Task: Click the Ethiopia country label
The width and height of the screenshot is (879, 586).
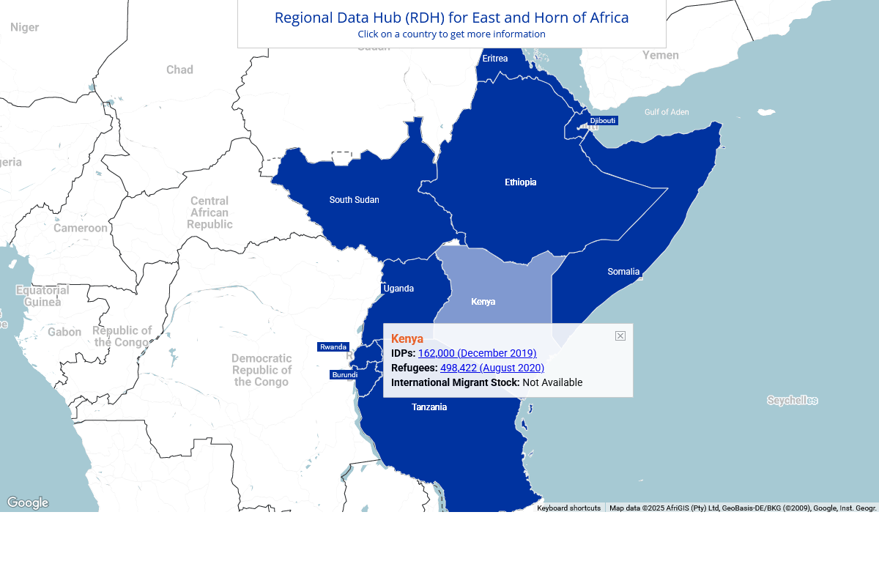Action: point(520,182)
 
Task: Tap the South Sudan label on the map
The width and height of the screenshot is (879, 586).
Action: point(354,200)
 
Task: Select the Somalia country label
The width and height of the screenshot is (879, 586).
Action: point(623,272)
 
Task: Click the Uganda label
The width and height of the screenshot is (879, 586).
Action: point(398,289)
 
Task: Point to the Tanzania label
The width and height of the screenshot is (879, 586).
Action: point(429,407)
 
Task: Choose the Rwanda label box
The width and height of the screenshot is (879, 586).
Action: point(333,346)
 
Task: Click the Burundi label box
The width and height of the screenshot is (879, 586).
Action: point(345,374)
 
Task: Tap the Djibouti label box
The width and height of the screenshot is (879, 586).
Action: point(603,120)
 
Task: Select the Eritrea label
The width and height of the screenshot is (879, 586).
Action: point(495,59)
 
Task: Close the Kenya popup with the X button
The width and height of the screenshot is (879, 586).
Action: point(620,335)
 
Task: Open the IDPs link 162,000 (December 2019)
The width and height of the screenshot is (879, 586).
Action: point(477,353)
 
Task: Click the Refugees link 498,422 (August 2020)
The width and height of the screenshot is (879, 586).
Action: point(492,368)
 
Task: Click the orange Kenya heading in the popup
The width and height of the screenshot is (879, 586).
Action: point(407,338)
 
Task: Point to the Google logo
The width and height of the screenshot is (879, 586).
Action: point(28,502)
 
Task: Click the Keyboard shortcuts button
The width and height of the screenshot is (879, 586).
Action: point(568,508)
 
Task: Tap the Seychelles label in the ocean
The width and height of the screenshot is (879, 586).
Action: point(792,400)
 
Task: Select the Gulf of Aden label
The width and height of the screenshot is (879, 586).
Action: point(667,112)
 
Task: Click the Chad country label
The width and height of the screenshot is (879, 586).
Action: point(179,70)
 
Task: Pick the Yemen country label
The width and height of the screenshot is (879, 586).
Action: point(660,55)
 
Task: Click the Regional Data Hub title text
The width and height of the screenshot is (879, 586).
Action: point(451,18)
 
